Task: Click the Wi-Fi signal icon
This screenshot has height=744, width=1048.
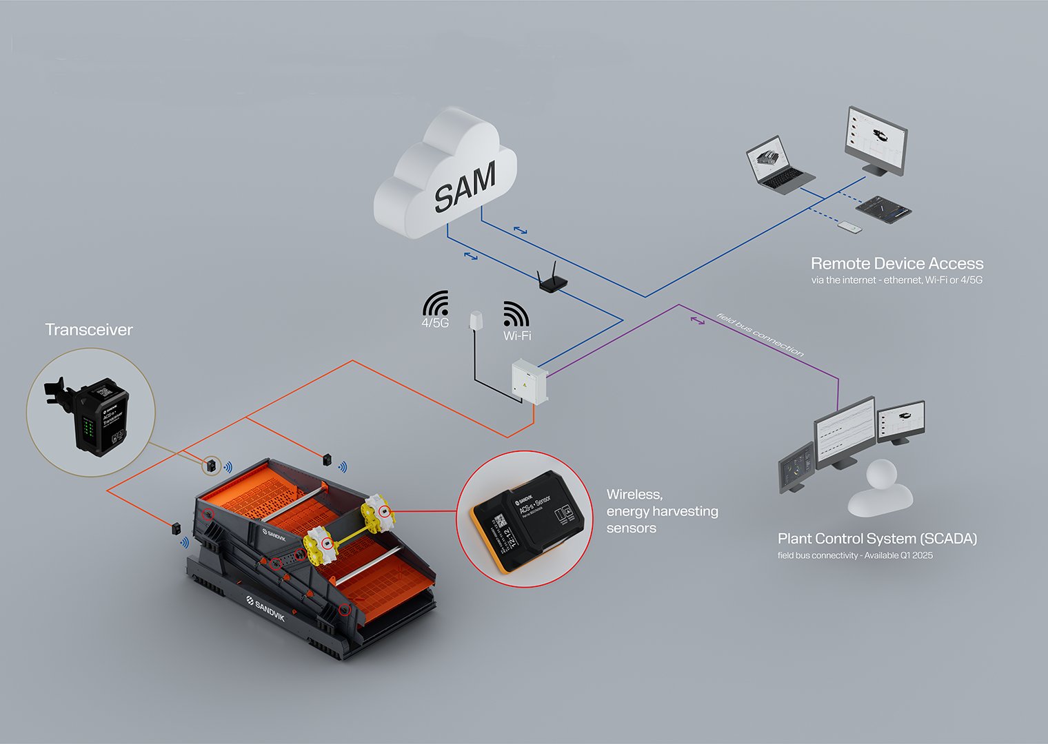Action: (x=516, y=320)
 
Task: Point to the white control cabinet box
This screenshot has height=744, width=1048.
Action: (x=529, y=380)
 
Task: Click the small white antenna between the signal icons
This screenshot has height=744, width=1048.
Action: (x=476, y=320)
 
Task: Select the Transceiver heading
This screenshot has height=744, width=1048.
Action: (x=89, y=330)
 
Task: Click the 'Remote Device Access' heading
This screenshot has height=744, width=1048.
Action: (x=896, y=264)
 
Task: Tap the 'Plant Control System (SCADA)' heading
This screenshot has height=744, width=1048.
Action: (x=877, y=539)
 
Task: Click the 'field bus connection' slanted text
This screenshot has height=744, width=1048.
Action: (x=760, y=335)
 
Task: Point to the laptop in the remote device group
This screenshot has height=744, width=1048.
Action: (x=778, y=165)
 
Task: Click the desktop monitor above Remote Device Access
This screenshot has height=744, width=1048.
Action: (x=876, y=140)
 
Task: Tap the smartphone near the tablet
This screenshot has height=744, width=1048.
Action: (x=850, y=227)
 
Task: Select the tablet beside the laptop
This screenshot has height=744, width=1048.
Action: (x=883, y=209)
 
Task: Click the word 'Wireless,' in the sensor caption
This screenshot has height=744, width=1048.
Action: (x=634, y=495)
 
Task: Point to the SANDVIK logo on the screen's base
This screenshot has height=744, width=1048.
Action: (x=265, y=608)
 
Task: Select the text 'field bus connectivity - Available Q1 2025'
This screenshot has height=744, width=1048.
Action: (x=855, y=556)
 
